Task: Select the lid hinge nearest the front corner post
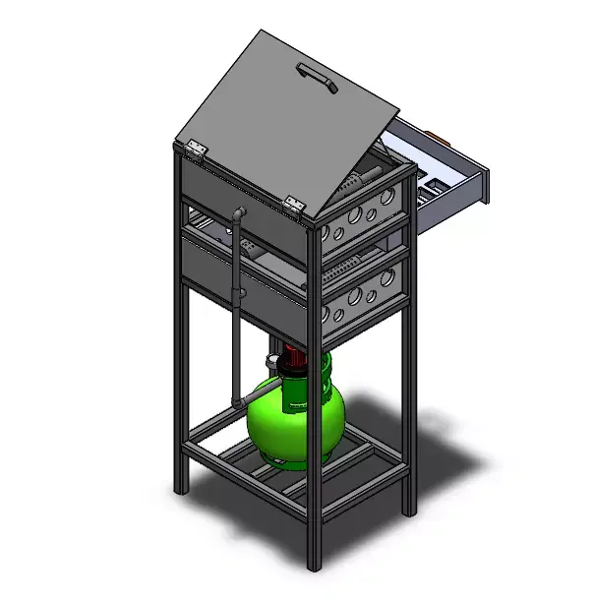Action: click(x=293, y=204)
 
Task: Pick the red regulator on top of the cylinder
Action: click(x=294, y=360)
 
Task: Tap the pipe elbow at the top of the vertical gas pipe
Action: click(x=238, y=215)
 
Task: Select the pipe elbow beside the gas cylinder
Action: click(x=237, y=400)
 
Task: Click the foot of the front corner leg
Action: click(x=315, y=565)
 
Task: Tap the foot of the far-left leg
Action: click(x=179, y=487)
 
